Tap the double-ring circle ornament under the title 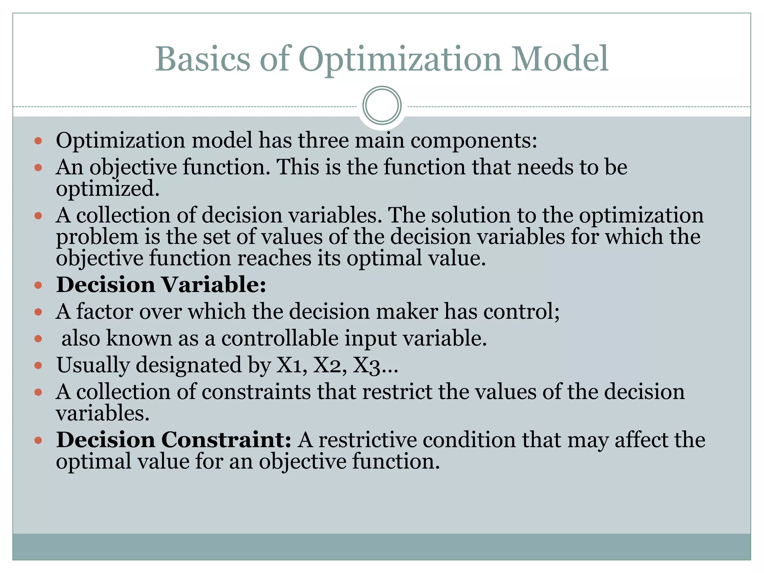[x=382, y=105]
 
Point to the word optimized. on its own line [x=107, y=188]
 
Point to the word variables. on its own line [x=103, y=413]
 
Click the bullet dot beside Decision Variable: [x=38, y=285]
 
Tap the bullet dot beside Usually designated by [x=38, y=366]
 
